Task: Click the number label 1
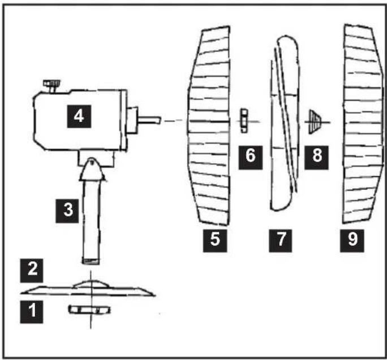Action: coord(31,311)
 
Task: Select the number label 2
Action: coord(31,271)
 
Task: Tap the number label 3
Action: coord(67,211)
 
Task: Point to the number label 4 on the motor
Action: coord(79,116)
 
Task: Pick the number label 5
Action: coord(215,241)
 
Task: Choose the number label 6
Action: coord(251,158)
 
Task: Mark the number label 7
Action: coord(281,241)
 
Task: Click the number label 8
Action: coord(316,158)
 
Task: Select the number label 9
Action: coord(352,241)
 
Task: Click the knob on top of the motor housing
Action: coord(52,85)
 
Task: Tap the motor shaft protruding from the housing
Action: coord(149,120)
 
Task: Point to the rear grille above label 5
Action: coord(209,126)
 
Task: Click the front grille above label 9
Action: coord(363,124)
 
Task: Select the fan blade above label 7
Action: coord(285,123)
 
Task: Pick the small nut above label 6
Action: coord(244,120)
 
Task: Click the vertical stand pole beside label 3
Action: coord(91,222)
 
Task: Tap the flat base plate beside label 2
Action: coord(88,288)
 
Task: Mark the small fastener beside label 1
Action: coord(89,310)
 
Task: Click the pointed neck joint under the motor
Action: coord(92,170)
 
